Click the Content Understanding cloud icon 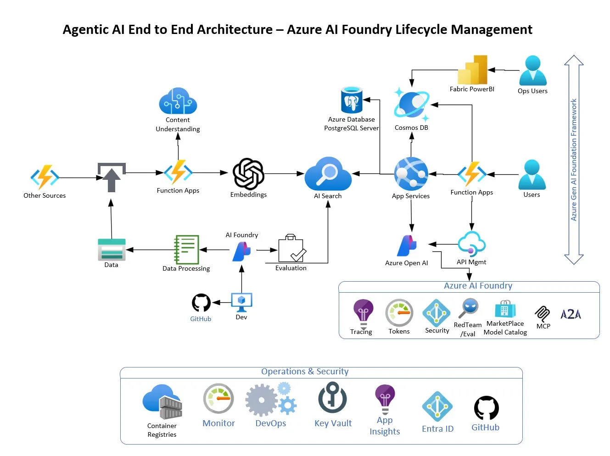(x=178, y=100)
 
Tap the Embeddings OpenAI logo (x=248, y=173)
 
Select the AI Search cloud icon (x=328, y=173)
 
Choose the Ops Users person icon (x=533, y=70)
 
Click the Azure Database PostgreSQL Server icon (x=352, y=100)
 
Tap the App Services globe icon (x=411, y=174)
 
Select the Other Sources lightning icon (x=45, y=177)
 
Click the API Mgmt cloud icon (x=471, y=244)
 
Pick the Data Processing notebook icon (x=186, y=250)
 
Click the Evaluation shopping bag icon (x=292, y=248)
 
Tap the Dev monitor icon (x=241, y=302)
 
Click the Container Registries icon (x=162, y=401)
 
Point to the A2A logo (x=571, y=314)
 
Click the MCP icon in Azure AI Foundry (x=542, y=314)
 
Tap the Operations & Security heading (x=305, y=371)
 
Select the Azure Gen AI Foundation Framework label (x=574, y=160)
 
